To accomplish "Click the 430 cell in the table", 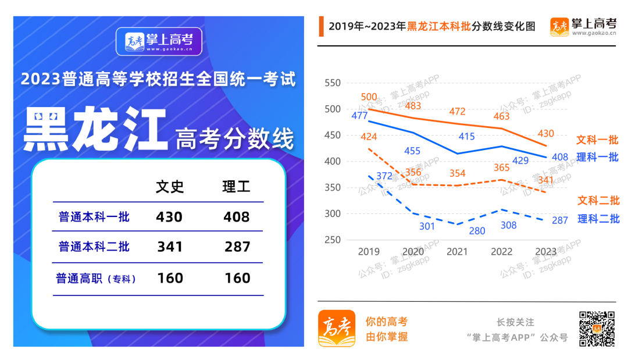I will [x=169, y=217].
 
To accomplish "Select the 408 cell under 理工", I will [x=237, y=217].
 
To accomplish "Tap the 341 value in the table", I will [x=170, y=247].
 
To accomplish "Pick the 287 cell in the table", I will [x=237, y=247].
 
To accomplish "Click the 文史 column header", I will [x=170, y=187].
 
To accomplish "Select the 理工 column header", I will [x=237, y=187].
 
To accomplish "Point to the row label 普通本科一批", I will [x=94, y=218].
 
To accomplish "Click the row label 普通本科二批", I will [x=94, y=247].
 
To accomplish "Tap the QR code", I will [x=597, y=329].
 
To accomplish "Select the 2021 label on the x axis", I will [x=457, y=252].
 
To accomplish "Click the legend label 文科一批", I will [x=597, y=140].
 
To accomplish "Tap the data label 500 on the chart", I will [x=369, y=97].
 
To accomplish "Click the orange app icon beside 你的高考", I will [x=336, y=329].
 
